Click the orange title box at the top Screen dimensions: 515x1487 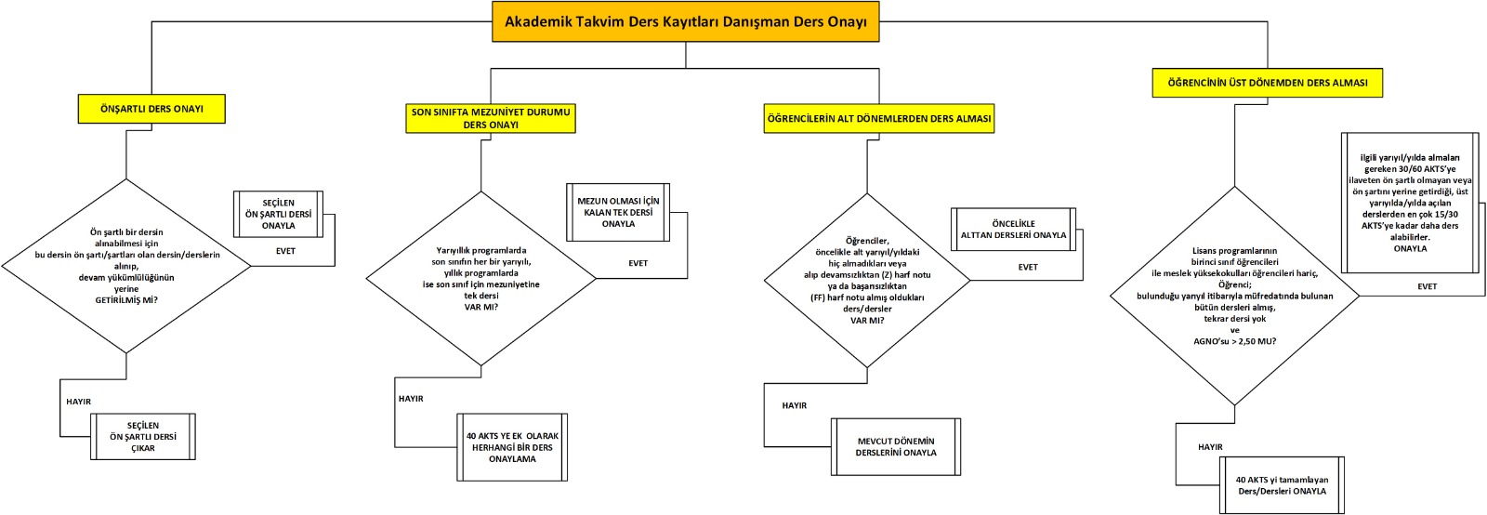click(x=685, y=21)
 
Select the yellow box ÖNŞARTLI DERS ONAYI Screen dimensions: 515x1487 click(x=151, y=109)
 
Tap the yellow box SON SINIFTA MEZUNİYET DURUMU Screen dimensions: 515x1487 click(x=491, y=118)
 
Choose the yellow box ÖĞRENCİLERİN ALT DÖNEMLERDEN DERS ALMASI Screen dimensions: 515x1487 click(x=878, y=119)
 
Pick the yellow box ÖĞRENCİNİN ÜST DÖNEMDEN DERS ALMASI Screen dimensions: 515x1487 click(x=1267, y=83)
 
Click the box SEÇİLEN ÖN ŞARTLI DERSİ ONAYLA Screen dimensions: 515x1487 click(x=278, y=214)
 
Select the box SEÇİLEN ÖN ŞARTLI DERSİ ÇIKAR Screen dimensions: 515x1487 click(x=143, y=437)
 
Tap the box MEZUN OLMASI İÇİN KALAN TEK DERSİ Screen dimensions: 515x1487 click(x=618, y=212)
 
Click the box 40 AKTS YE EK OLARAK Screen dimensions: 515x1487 click(x=512, y=447)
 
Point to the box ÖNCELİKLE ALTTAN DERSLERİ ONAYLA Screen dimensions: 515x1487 click(x=1013, y=230)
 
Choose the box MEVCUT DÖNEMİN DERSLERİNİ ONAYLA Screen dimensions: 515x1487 click(x=896, y=447)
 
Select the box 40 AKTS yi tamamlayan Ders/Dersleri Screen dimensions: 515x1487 click(x=1282, y=485)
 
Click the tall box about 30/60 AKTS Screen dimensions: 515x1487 click(x=1410, y=203)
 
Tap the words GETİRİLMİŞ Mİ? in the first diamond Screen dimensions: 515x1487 click(x=126, y=300)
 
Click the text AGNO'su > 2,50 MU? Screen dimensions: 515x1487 click(x=1234, y=341)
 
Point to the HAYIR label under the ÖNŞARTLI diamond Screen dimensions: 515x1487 click(x=79, y=402)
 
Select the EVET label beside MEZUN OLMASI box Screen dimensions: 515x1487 click(x=638, y=263)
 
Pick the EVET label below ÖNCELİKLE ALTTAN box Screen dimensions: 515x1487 click(x=1027, y=267)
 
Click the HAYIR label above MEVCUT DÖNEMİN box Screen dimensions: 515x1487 click(x=795, y=405)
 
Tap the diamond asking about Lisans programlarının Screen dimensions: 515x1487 click(x=1234, y=296)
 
